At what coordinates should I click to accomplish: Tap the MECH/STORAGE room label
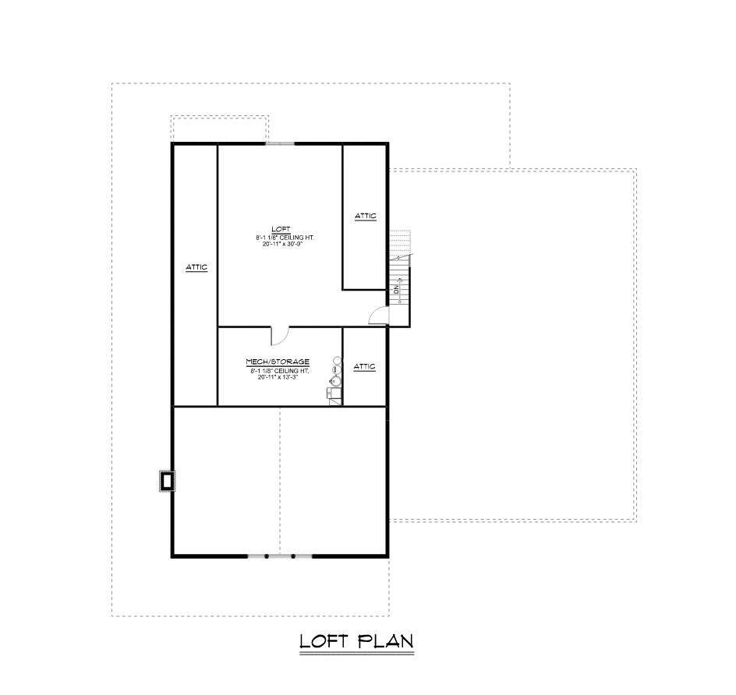pos(278,362)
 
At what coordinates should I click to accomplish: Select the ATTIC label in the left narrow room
pos(196,267)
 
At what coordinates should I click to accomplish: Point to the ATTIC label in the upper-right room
pos(366,216)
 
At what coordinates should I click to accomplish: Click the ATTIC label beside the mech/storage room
pos(365,366)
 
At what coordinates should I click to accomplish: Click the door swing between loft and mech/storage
pos(279,335)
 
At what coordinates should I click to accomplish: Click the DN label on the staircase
pos(397,289)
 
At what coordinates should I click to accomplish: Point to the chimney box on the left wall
pos(166,481)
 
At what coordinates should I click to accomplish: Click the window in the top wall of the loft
pos(280,143)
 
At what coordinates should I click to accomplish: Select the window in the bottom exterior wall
pos(280,556)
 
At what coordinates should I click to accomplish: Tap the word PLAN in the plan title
pos(385,641)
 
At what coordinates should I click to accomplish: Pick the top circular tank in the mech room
pos(338,361)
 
